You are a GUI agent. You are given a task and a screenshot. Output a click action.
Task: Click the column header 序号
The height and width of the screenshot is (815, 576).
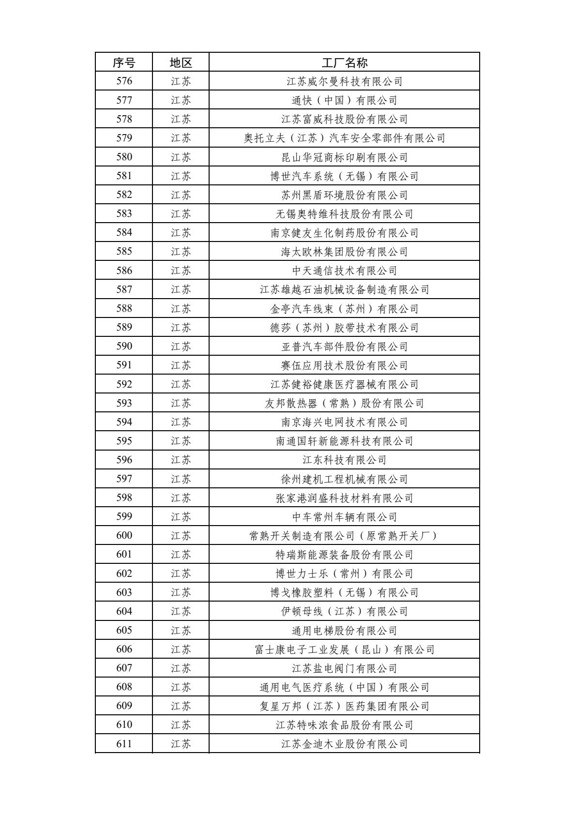(124, 62)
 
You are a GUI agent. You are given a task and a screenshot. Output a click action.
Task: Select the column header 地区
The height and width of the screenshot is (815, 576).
(181, 62)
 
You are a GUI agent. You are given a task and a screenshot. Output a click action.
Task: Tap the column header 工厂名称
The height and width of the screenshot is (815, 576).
(344, 62)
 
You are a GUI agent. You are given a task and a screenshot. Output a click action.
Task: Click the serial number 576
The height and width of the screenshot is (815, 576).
(124, 81)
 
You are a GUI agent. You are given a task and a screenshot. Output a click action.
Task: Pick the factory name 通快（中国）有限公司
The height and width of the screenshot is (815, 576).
(344, 100)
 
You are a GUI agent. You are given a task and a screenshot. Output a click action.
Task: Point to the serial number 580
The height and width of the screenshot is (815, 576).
(124, 157)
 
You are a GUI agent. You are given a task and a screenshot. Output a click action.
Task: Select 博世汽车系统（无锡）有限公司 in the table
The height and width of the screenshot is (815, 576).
(344, 176)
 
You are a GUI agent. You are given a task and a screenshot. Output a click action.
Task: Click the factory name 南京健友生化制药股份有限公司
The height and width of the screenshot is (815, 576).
(344, 233)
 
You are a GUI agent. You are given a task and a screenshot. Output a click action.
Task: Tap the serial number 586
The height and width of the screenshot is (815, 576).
(124, 271)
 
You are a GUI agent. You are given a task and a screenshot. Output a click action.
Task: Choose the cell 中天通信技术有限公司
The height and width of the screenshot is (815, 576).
(344, 271)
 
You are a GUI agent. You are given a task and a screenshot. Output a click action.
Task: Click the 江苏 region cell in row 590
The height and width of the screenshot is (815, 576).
(181, 347)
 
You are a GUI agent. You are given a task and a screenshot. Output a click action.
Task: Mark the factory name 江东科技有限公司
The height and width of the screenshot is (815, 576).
(344, 460)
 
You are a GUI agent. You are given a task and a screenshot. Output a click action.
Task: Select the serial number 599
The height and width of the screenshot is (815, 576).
(124, 516)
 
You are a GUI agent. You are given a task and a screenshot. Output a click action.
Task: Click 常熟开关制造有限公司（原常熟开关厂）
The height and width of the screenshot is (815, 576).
(344, 536)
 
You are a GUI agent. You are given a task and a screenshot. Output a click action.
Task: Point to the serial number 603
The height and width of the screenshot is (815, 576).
(124, 592)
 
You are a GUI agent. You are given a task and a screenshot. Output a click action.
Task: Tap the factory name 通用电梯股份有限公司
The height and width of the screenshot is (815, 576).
(344, 630)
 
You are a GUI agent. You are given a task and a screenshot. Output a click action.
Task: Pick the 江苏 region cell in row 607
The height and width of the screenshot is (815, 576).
(181, 668)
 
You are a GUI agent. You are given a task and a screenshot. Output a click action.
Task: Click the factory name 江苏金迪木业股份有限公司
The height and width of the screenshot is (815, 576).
(344, 744)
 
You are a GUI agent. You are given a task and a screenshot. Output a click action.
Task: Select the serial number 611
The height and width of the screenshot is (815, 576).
(124, 744)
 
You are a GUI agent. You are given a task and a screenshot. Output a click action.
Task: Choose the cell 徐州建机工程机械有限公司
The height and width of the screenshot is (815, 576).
(344, 479)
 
